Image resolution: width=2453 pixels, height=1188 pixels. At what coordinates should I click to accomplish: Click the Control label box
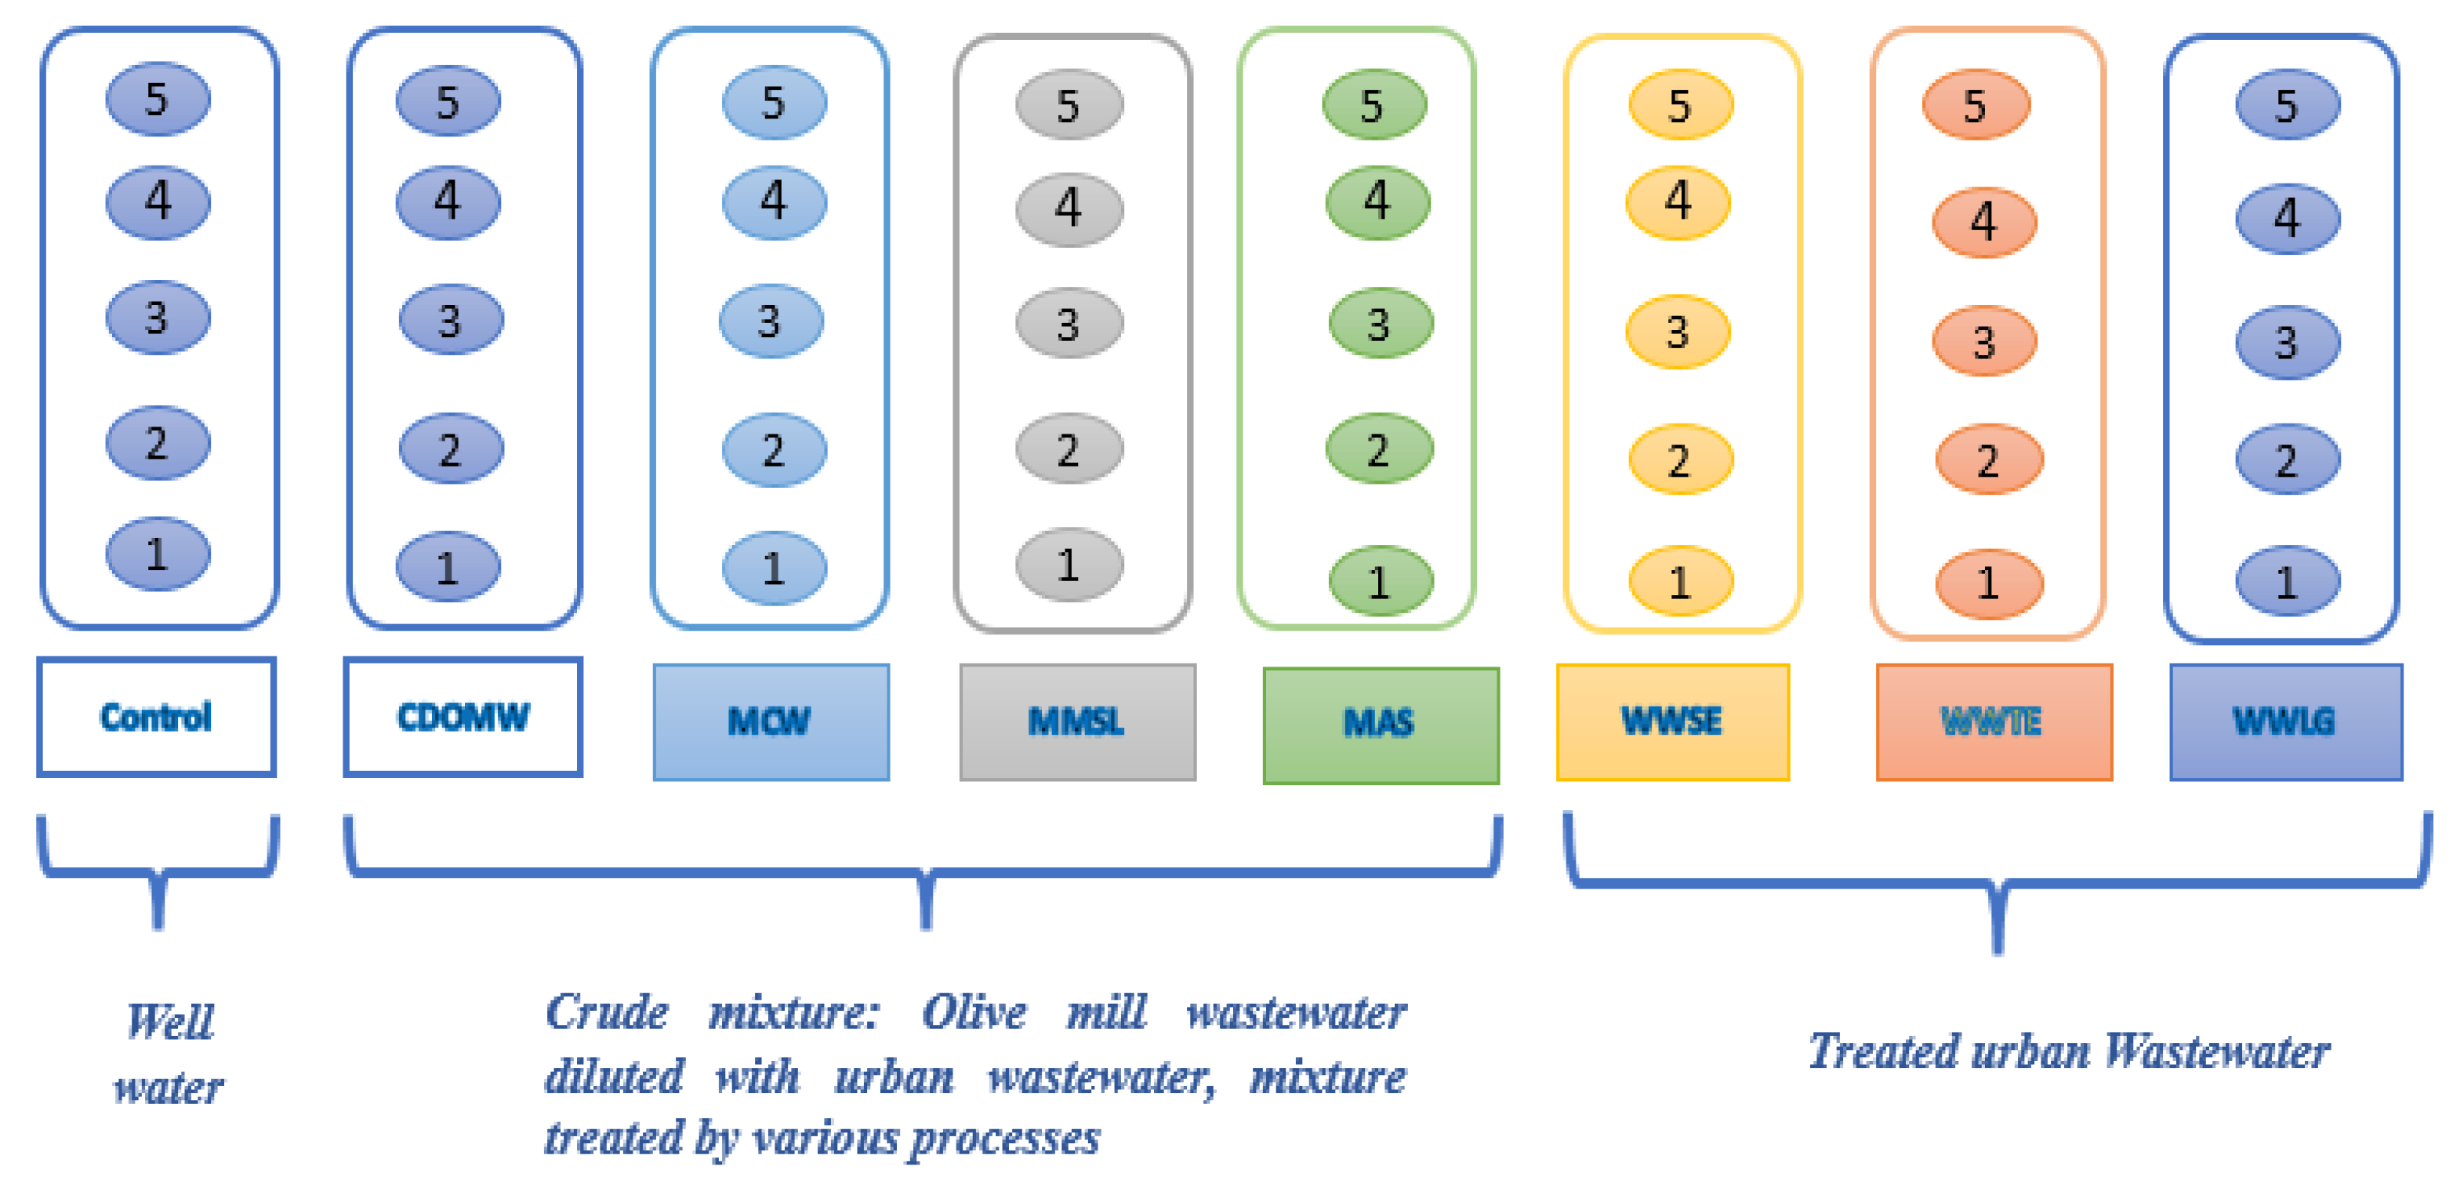point(156,717)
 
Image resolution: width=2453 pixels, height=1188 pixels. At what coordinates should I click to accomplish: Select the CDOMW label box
point(463,717)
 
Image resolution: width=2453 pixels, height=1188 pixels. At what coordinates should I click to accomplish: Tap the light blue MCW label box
point(771,722)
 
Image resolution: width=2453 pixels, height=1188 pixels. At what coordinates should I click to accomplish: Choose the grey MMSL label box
point(1077,722)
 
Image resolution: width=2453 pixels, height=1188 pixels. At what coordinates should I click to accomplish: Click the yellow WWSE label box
point(1672,721)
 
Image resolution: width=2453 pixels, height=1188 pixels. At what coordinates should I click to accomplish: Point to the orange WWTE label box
point(1993,722)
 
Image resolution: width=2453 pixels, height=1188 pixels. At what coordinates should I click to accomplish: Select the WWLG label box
point(2284,722)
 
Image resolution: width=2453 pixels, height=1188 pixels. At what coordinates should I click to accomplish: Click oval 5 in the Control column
point(157,99)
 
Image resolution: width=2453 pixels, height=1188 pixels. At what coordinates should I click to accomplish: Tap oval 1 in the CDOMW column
point(448,568)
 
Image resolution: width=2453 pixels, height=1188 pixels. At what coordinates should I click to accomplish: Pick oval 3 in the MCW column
point(771,321)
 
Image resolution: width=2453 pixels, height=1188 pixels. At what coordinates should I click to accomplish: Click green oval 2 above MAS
point(1378,449)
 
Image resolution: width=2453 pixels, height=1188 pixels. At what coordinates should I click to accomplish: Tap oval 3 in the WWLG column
point(2286,342)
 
